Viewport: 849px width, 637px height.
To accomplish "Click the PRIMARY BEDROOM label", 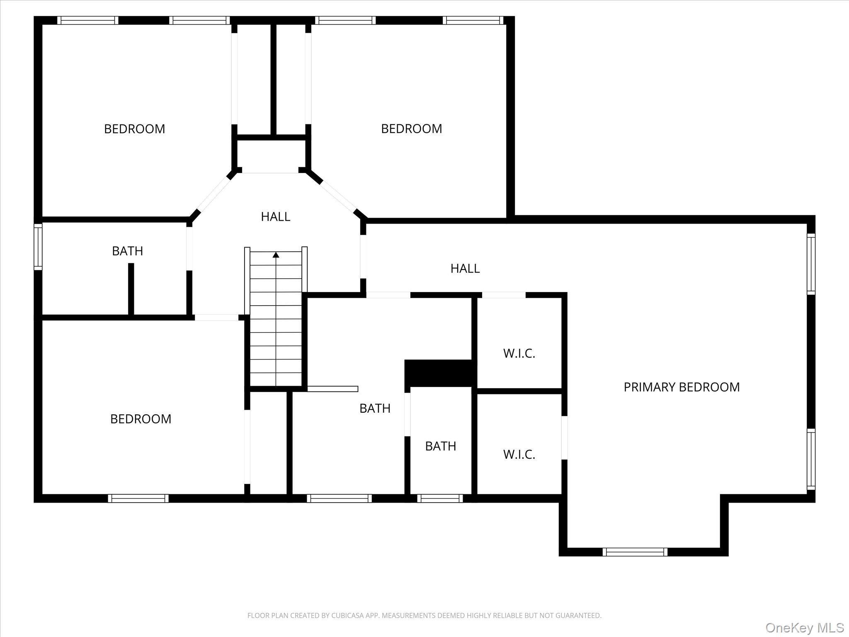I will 682,387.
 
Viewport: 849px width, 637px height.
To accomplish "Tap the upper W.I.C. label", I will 519,354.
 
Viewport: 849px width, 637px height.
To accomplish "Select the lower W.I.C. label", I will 519,455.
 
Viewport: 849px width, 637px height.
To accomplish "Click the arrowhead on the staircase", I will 276,255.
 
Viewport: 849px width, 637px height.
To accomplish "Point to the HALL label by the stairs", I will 275,216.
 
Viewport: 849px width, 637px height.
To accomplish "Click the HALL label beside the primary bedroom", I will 465,269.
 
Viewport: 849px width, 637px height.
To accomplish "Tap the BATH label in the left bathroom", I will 127,251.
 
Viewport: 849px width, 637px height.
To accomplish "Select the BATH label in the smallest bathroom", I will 440,446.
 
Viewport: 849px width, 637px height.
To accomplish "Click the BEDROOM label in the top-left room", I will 134,129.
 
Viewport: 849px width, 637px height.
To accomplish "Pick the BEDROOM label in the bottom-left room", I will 141,419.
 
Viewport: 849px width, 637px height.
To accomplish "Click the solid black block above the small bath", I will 439,373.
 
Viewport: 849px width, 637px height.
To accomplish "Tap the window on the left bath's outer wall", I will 38,247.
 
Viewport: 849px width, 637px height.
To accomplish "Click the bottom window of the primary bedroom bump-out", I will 635,552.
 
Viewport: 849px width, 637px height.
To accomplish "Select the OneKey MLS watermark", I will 804,627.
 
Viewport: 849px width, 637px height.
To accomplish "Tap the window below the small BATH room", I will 440,498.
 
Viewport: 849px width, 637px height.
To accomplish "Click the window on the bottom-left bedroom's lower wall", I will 138,498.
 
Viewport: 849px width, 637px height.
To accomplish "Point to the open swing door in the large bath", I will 332,389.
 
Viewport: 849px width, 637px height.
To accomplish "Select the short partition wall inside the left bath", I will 131,289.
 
